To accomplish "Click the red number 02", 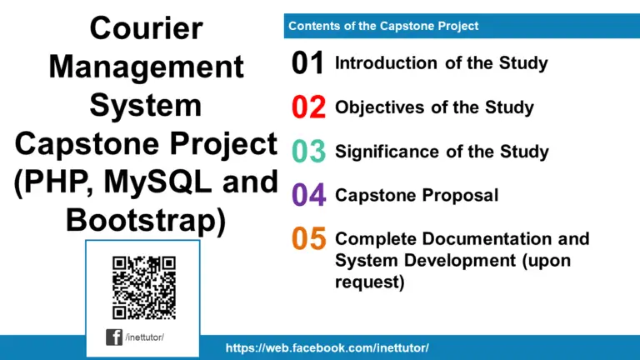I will [x=308, y=107].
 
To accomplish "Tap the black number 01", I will [x=308, y=63].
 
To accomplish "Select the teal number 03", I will [x=308, y=152].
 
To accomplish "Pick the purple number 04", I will [x=308, y=196].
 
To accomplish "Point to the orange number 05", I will [x=308, y=239].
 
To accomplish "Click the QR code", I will [x=143, y=287].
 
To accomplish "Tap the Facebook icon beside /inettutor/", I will [x=114, y=337].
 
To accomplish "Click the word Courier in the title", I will [x=146, y=29].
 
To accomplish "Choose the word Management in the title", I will [x=146, y=67].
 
